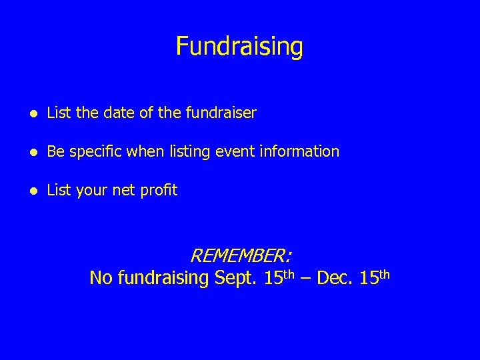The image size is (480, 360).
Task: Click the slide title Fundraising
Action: [239, 47]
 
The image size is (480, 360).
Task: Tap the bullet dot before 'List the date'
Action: [33, 114]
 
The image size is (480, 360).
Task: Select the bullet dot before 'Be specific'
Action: [33, 152]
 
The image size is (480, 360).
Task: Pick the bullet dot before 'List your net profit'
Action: [33, 191]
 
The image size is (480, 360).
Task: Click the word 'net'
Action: [124, 191]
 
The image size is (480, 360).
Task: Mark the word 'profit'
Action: [159, 191]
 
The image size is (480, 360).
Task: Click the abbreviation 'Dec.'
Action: [335, 278]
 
